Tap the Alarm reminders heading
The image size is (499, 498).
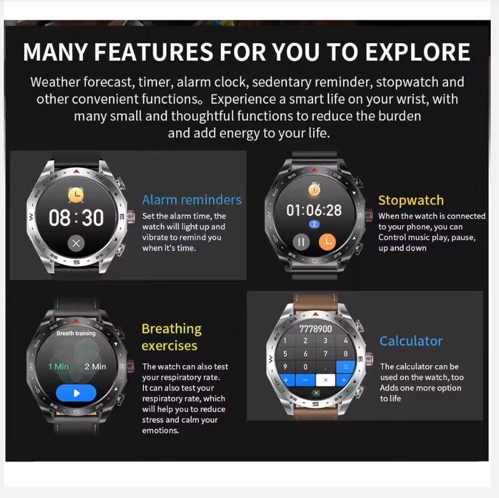[192, 200]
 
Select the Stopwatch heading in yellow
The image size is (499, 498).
[411, 200]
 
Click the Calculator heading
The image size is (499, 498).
[411, 341]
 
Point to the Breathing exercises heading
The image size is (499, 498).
[171, 337]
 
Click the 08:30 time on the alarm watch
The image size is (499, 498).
[76, 218]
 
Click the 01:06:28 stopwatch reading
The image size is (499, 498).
[314, 211]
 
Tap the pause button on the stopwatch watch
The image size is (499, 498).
[301, 242]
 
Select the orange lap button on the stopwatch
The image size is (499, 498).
[326, 242]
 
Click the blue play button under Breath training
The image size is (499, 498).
[76, 393]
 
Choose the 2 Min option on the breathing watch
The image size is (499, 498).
[95, 366]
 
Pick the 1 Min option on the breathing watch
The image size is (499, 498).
[59, 366]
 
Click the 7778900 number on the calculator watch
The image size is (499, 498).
[316, 329]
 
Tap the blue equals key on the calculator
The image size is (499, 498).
[346, 366]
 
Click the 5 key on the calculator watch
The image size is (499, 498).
[285, 354]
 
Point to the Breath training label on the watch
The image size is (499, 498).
[76, 333]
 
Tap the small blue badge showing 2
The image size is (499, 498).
[314, 225]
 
